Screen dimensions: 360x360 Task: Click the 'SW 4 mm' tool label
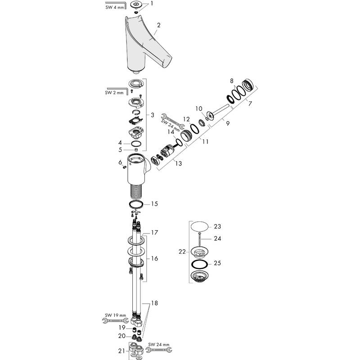(115, 7)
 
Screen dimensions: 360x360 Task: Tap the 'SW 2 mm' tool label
(114, 93)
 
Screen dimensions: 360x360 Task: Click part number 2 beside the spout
(159, 25)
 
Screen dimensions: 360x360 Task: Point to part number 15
(154, 204)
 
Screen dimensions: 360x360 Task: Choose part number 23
(217, 226)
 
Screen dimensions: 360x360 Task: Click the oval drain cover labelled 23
(199, 226)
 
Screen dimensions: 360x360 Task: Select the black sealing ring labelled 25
(200, 264)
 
